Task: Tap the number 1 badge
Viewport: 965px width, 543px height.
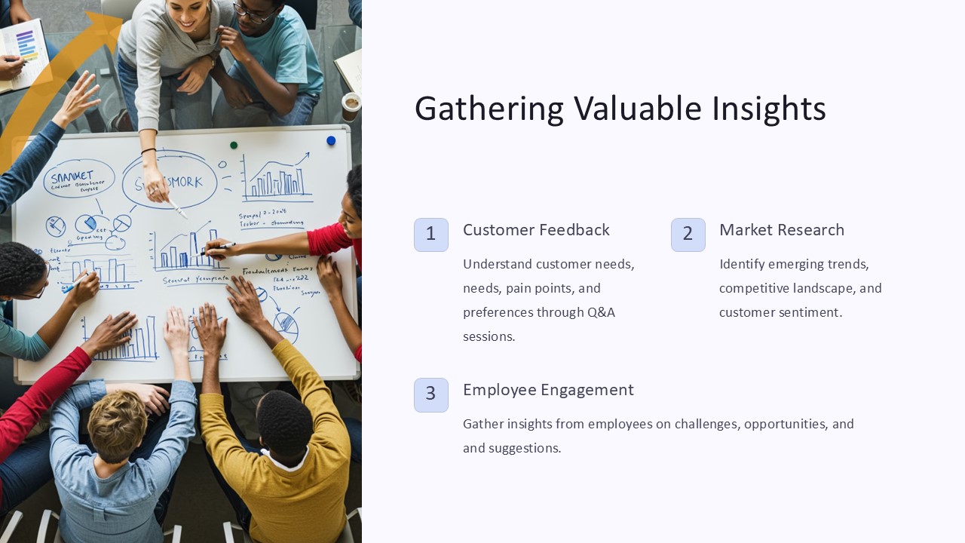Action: [431, 235]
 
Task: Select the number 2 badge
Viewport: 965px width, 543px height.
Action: [688, 235]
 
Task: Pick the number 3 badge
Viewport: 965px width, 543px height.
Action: [431, 394]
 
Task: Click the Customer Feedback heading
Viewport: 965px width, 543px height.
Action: [536, 230]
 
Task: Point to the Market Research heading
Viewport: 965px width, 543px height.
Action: [782, 230]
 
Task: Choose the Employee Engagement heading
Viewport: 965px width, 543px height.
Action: [548, 390]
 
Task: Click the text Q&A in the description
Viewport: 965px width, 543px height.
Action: [601, 312]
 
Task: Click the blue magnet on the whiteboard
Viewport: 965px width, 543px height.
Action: [331, 141]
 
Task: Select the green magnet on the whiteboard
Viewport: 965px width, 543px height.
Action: [234, 145]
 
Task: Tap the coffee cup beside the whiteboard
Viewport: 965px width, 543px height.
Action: [351, 106]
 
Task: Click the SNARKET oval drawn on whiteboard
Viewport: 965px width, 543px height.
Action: [78, 179]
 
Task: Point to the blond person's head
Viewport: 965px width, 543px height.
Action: [117, 425]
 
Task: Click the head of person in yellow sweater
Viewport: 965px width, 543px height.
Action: [284, 422]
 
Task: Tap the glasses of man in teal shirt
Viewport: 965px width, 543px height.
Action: [255, 13]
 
